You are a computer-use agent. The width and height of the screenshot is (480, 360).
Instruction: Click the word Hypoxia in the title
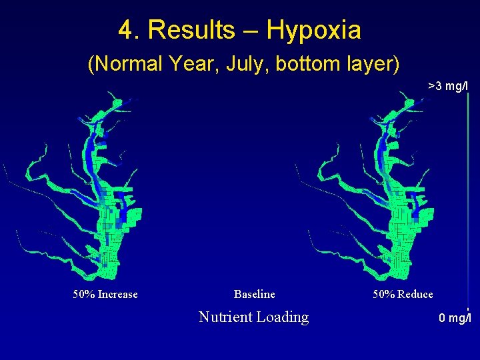click(x=313, y=31)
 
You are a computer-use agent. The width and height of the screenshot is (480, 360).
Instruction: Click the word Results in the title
click(x=191, y=31)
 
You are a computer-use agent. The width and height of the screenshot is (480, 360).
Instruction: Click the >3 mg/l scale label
click(x=449, y=86)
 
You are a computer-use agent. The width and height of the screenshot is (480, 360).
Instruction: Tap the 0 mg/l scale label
click(x=455, y=318)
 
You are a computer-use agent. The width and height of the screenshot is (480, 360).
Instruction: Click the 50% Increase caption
click(x=105, y=294)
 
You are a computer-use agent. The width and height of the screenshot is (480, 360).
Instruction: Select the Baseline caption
click(x=254, y=294)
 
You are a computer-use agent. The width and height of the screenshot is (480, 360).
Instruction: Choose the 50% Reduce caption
click(x=403, y=294)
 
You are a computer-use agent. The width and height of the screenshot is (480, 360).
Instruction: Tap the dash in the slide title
click(x=251, y=31)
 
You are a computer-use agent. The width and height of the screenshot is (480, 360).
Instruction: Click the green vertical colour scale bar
click(x=468, y=200)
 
